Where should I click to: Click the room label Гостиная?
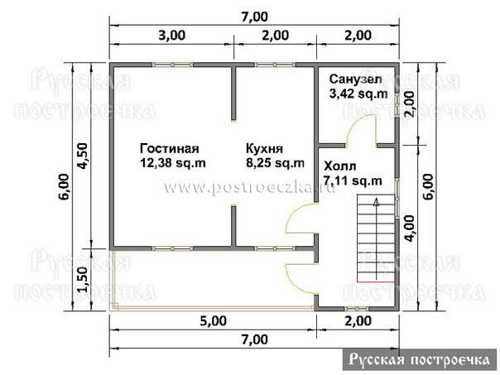pos(170,149)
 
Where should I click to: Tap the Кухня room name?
pos(264,149)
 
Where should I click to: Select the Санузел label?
pos(355,79)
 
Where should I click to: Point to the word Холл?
pos(340,166)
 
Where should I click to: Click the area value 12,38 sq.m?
pos(172,163)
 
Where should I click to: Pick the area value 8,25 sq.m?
pos(275,163)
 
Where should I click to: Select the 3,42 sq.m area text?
pos(358,94)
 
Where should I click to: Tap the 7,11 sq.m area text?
pos(353,180)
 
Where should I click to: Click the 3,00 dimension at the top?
pos(172,35)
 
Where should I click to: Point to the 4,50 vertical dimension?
pos(81,156)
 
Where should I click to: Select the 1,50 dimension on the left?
pos(81,279)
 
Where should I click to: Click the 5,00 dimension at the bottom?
pos(214,321)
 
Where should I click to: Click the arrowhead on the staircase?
pos(377,202)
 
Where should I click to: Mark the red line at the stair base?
pos(376,282)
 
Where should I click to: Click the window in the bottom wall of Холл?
pos(357,309)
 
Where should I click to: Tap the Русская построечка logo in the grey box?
pos(420,360)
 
